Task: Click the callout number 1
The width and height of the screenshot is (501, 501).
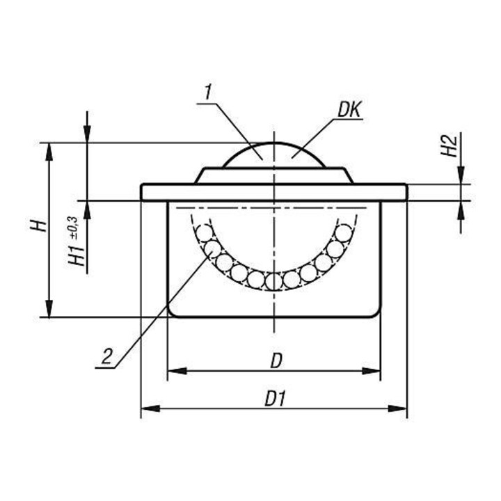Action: coord(208,93)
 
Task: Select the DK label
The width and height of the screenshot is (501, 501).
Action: coord(349,110)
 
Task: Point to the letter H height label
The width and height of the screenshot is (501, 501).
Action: coord(39,226)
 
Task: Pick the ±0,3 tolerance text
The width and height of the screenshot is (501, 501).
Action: coord(73,228)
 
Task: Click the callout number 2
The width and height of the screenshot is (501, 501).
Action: coord(107,356)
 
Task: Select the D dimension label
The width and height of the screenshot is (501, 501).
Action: coord(276,361)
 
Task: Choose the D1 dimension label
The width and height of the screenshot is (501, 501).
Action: coord(274,399)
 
